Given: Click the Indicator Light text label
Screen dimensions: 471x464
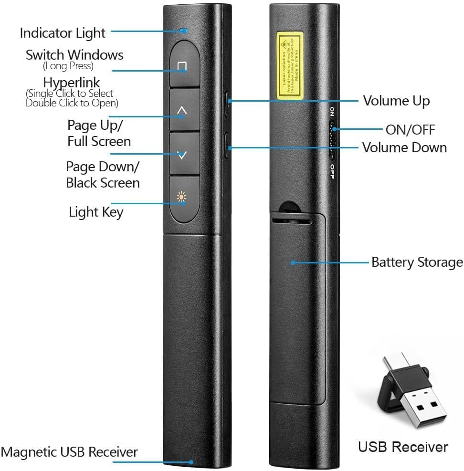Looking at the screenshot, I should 62,33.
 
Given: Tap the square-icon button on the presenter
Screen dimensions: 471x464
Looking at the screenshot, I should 182,66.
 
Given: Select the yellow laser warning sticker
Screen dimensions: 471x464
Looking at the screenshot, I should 290,66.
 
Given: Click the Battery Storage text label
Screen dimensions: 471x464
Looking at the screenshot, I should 417,262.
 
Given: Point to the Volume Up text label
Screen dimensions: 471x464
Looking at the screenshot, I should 396,101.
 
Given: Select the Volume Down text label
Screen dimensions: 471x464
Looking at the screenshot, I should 404,147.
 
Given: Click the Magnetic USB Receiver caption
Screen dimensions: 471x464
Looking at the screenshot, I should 69,452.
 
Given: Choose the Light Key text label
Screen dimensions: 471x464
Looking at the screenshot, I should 96,211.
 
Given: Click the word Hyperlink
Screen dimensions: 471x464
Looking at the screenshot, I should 72,82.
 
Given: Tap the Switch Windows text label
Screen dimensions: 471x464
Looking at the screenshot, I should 74,55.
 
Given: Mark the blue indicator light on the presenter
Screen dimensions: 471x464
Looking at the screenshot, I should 183,31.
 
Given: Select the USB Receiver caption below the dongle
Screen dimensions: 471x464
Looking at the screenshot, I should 403,447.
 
